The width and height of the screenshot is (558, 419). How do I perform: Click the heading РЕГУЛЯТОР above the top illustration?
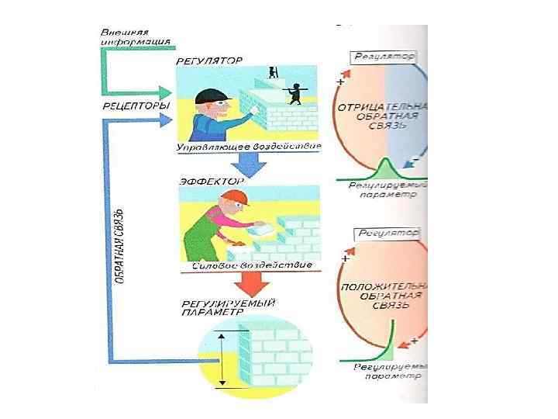(210, 60)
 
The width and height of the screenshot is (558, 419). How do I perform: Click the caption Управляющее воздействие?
(249, 147)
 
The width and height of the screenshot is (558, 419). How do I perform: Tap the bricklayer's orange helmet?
(234, 200)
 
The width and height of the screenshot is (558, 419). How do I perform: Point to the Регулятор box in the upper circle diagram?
(384, 57)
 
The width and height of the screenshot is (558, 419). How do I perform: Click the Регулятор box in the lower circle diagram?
(386, 232)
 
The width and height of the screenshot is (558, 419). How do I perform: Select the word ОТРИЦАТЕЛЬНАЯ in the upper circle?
(384, 106)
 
